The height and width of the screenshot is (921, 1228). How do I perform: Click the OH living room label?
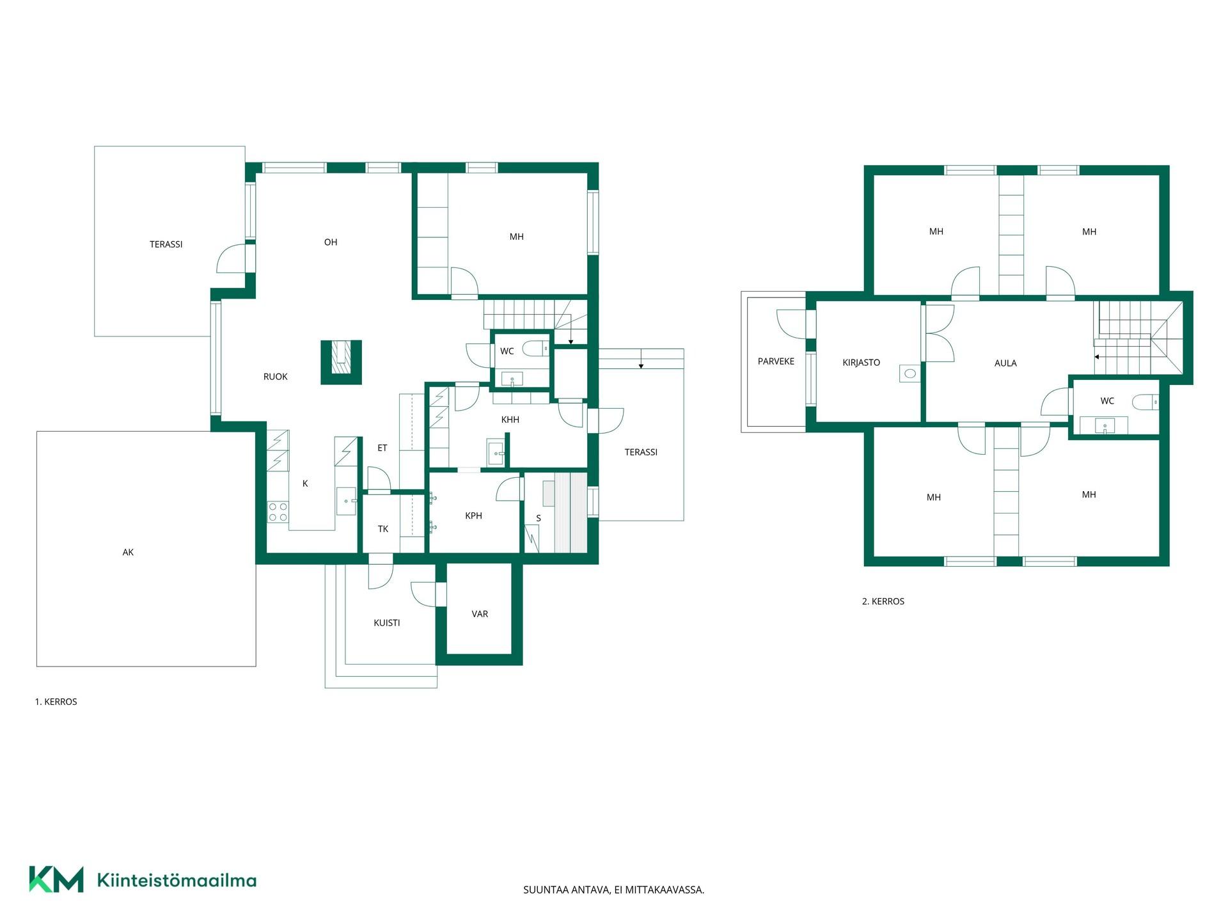point(331,242)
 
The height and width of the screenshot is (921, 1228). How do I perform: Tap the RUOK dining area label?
point(276,377)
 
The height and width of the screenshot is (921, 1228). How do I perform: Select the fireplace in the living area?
point(342,362)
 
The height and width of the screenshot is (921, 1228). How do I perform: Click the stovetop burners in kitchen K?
point(278,512)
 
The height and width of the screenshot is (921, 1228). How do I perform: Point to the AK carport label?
point(128,553)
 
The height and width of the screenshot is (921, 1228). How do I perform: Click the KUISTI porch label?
point(387,623)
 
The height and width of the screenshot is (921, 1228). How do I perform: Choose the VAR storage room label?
point(480,614)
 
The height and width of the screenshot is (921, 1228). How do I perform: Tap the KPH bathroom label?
point(474,516)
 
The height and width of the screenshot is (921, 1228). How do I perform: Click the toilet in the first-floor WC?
point(535,349)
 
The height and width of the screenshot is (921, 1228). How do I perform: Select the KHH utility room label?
point(510,420)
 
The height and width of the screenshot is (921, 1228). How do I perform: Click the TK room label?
point(383,529)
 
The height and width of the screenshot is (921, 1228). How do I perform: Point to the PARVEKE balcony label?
point(776,361)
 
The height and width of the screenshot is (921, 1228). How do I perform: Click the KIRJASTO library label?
point(862,363)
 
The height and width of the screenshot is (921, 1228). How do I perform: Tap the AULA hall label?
point(1005,363)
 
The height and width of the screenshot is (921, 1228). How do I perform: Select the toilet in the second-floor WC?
point(1145,402)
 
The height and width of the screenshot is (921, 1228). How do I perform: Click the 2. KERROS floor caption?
point(883,601)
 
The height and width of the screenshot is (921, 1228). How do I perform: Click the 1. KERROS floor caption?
point(56,702)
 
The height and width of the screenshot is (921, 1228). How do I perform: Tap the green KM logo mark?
point(56,879)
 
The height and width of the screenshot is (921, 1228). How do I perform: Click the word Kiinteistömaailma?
point(177,881)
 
